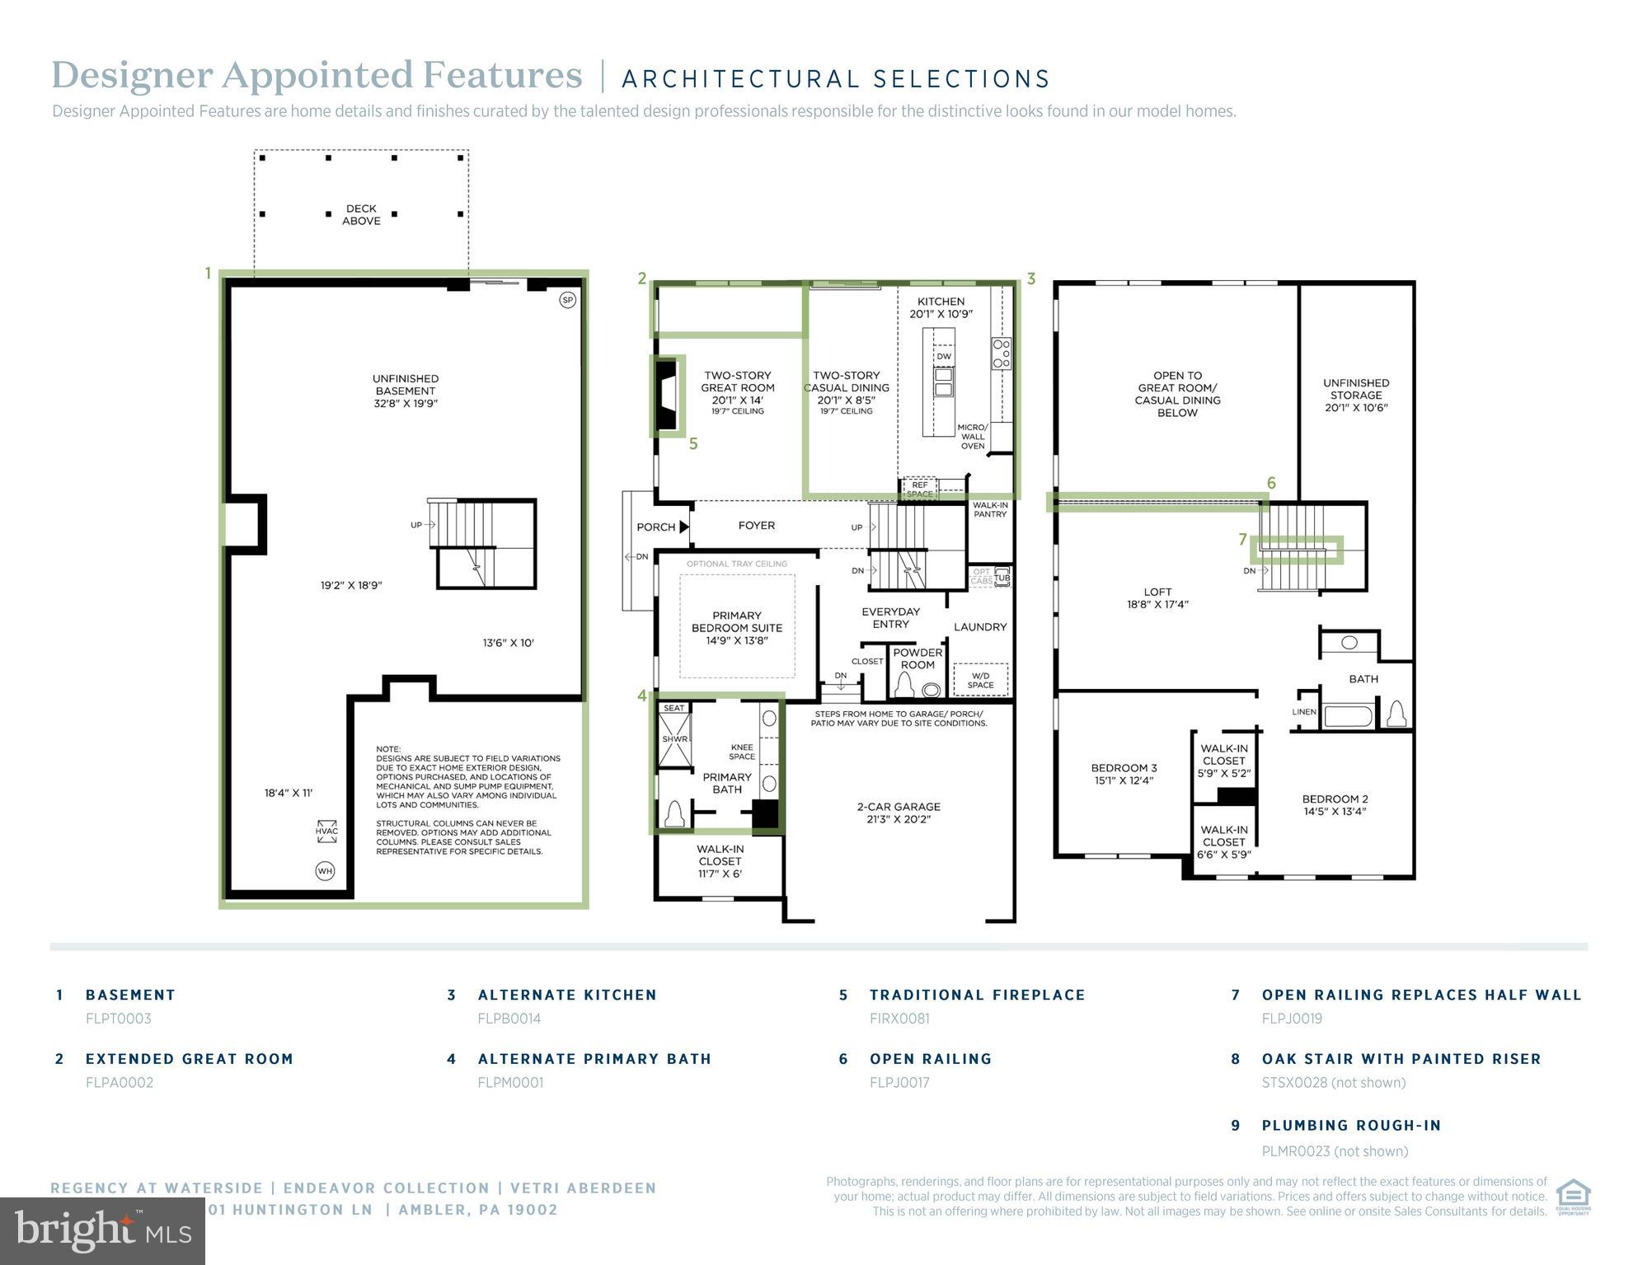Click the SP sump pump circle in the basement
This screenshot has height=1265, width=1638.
click(567, 300)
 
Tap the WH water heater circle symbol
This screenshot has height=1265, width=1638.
click(325, 870)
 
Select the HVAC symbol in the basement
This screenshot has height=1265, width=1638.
click(326, 828)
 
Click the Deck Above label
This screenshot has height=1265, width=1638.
click(361, 215)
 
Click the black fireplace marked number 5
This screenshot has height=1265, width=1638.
click(666, 396)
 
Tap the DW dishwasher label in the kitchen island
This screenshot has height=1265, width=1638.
click(943, 356)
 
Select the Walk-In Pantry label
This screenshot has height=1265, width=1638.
click(989, 509)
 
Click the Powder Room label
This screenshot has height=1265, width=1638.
click(917, 658)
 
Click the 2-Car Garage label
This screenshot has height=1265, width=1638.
click(898, 813)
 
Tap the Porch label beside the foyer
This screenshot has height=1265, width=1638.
click(655, 527)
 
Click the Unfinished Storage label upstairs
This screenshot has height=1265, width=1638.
click(1355, 395)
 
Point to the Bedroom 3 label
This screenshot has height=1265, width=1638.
click(1124, 774)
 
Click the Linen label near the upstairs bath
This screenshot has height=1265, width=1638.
click(1303, 712)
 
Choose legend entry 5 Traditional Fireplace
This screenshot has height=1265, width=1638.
click(977, 995)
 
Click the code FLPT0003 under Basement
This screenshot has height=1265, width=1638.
click(119, 1019)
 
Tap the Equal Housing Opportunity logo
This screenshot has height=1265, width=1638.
click(1572, 1197)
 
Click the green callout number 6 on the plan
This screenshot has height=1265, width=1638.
click(1270, 483)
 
